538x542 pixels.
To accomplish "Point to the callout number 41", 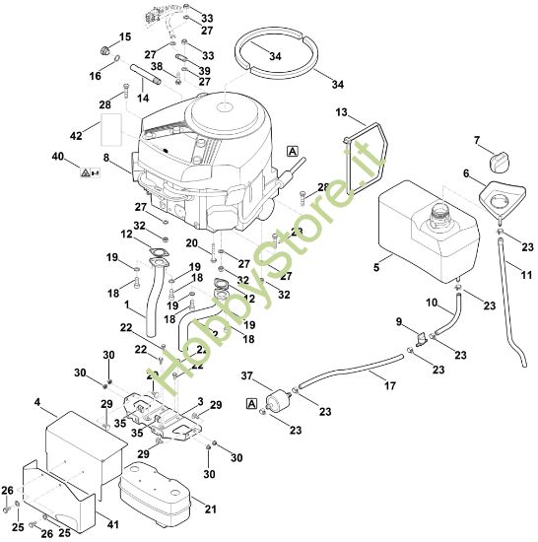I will click(x=112, y=524).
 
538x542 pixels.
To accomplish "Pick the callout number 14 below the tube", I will click(x=142, y=98).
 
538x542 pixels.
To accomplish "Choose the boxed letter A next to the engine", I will click(x=292, y=151).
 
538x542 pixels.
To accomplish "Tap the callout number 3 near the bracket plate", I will click(x=200, y=402).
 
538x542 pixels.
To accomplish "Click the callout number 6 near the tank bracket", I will click(x=467, y=172).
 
